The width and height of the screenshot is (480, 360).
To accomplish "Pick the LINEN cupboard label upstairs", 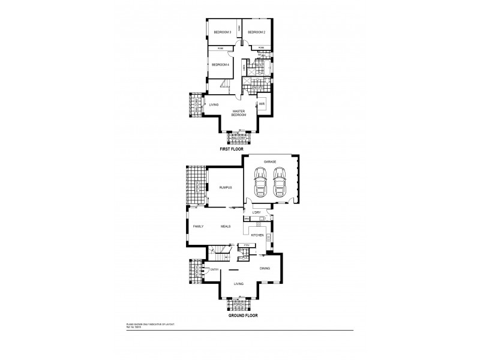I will pyautogui.click(x=244, y=70).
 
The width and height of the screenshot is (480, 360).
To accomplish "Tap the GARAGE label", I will pyautogui.click(x=269, y=162).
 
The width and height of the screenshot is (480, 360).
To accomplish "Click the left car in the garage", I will pyautogui.click(x=260, y=182).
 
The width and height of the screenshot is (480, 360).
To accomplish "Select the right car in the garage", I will pyautogui.click(x=280, y=182).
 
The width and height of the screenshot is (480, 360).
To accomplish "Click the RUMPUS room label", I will pyautogui.click(x=224, y=188).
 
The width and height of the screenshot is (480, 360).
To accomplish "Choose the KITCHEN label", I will pyautogui.click(x=257, y=235).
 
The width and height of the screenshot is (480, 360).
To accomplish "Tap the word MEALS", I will pyautogui.click(x=226, y=226).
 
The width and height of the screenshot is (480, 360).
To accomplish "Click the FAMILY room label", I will pyautogui.click(x=199, y=226).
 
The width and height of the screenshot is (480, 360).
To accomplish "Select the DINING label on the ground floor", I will pyautogui.click(x=265, y=268).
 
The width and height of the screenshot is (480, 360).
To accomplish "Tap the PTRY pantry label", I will pyautogui.click(x=246, y=245).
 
